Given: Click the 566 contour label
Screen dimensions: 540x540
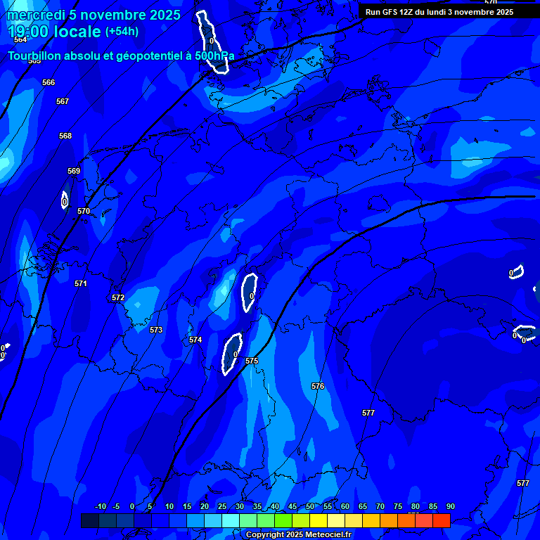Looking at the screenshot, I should pos(49,83).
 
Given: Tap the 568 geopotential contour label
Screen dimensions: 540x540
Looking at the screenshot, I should pos(65,136).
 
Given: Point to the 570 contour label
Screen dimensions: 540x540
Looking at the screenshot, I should pos(84,212).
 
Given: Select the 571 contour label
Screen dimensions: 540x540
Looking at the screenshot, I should pos(81,284).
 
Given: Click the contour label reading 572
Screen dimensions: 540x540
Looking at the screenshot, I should pos(118,298).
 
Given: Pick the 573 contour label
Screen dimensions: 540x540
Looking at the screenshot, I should pos(156,330).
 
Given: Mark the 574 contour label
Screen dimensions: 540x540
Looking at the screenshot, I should pos(195,340).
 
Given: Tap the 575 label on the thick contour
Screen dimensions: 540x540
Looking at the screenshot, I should pos(252,361).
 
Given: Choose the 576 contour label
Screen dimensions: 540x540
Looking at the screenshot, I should pos(318,387).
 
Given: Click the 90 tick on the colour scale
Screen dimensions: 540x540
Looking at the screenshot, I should pos(450,507).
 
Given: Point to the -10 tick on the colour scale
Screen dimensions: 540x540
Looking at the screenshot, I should pos(100,507).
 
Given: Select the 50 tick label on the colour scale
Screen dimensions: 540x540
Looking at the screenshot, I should pos(310,507).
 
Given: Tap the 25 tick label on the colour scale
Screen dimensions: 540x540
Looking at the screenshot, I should pos(222,507).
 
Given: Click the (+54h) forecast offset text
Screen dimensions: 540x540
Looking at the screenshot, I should pos(122,32).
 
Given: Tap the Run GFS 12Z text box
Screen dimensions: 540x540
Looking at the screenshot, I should pos(439,12).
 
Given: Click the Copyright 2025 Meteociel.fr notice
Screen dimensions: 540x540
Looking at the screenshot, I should pos(298,535).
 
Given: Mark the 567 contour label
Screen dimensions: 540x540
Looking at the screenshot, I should pos(63,102).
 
